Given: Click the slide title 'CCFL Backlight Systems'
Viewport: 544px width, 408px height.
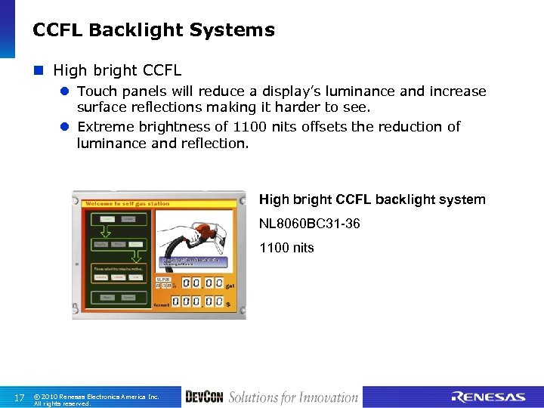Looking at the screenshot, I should pyautogui.click(x=153, y=30).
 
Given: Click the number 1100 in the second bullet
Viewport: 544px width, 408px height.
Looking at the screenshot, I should pyautogui.click(x=249, y=126).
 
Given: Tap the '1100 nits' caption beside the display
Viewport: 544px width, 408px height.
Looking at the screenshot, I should pyautogui.click(x=286, y=248).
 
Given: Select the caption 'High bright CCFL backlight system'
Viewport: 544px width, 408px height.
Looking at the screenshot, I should pyautogui.click(x=372, y=199).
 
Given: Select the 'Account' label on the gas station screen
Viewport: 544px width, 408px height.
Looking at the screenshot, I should pyautogui.click(x=162, y=304).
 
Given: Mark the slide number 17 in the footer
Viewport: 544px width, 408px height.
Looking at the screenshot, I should pyautogui.click(x=20, y=397).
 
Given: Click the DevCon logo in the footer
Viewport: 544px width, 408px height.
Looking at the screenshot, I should pyautogui.click(x=204, y=397).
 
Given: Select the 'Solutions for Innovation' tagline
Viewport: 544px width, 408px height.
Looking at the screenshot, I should pyautogui.click(x=293, y=397).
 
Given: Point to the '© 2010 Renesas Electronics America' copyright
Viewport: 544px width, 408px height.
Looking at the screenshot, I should pyautogui.click(x=96, y=397).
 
